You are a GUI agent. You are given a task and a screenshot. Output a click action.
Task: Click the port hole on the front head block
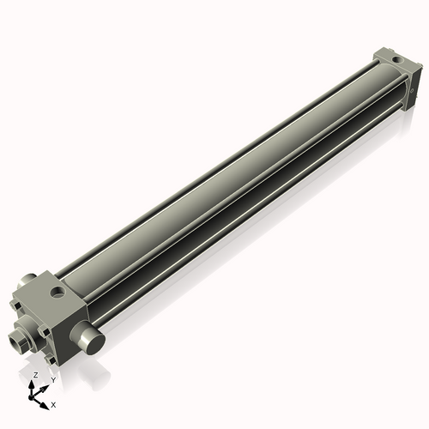point(57,293)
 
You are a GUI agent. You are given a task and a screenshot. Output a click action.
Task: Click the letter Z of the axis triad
point(35,375)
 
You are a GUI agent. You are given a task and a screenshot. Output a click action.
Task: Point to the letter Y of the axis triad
point(52,378)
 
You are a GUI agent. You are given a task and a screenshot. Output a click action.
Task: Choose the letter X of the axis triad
point(53,403)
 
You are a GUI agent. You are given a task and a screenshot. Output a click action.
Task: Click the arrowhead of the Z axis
point(35,384)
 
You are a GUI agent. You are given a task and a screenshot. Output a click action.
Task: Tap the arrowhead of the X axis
point(46,401)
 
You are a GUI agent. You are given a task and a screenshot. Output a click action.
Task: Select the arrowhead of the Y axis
point(45,385)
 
